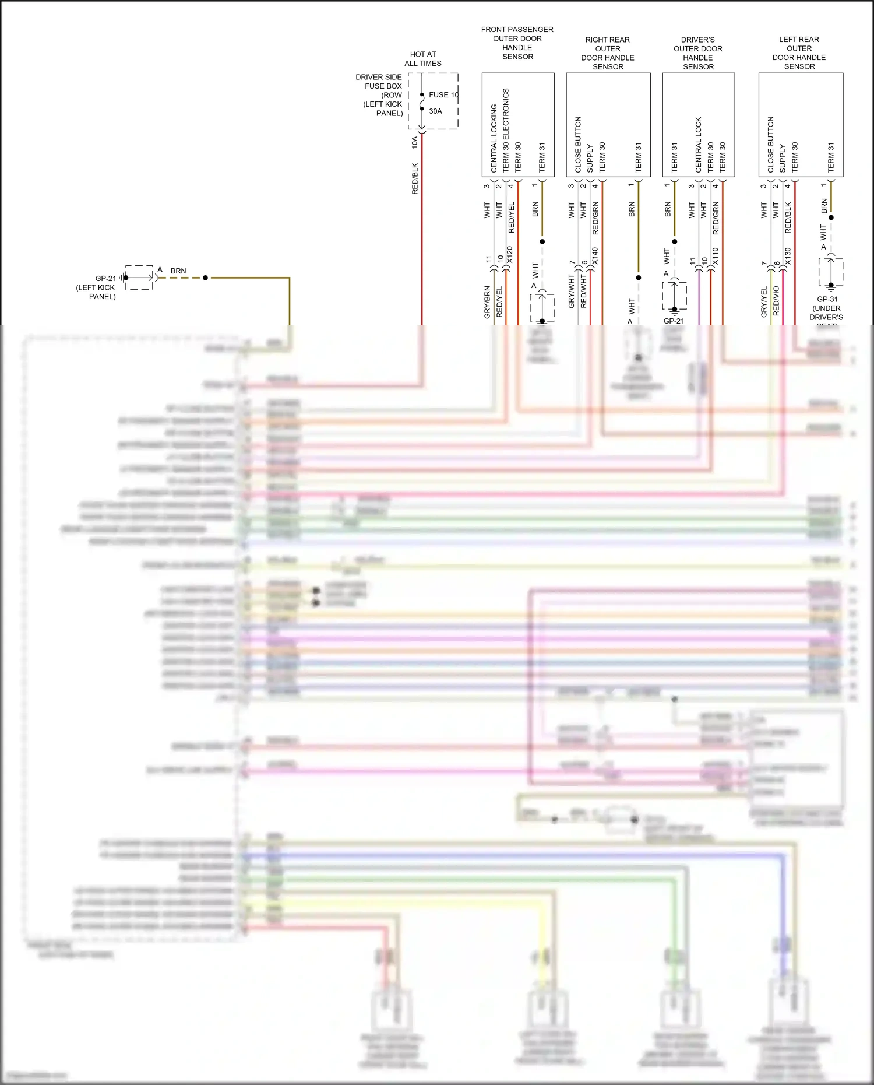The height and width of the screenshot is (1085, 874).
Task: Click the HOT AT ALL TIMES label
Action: [423, 59]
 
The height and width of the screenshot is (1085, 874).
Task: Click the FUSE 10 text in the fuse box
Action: [443, 94]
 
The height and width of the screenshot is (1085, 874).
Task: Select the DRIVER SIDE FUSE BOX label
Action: [379, 94]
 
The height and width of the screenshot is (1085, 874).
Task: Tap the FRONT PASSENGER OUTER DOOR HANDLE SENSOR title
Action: [517, 43]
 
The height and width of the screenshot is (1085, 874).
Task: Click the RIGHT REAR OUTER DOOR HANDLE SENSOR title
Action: [608, 53]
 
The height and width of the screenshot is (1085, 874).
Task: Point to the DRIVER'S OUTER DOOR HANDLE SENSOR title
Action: [698, 53]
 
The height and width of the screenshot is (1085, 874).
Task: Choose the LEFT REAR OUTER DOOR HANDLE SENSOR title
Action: [799, 53]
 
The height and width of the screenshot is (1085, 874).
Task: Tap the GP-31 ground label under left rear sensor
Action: [827, 308]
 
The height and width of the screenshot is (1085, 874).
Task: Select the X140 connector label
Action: [595, 257]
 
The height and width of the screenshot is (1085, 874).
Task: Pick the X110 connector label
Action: [715, 257]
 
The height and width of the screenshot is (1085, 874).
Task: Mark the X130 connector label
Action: [788, 257]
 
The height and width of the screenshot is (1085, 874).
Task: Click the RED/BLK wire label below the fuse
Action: [415, 178]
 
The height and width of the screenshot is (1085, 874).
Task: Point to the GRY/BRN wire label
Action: [487, 302]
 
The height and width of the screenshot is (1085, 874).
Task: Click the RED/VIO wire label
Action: [776, 301]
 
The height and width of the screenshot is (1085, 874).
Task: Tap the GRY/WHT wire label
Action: [571, 292]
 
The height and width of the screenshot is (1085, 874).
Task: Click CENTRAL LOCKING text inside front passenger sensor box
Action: [494, 138]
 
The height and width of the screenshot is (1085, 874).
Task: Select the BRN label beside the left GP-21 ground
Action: [178, 271]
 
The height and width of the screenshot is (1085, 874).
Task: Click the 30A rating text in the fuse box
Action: [435, 111]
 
